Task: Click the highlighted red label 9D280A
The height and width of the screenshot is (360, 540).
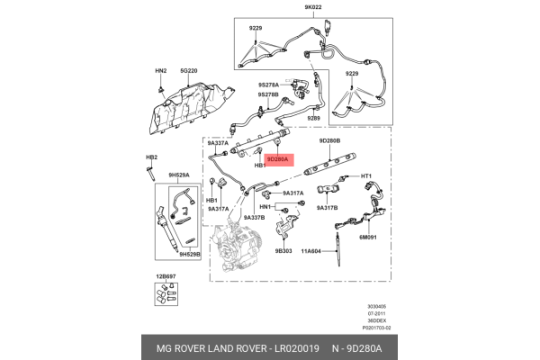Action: point(277,158)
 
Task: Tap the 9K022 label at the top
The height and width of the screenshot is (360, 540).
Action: point(312,7)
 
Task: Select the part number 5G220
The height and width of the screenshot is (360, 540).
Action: point(188,69)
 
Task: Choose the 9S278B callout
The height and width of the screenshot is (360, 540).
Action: point(267,94)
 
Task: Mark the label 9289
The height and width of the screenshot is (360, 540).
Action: point(313,118)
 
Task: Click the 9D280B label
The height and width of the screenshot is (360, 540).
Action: point(329,141)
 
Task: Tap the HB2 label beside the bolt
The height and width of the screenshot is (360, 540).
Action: point(151,157)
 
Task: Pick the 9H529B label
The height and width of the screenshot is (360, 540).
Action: point(188,255)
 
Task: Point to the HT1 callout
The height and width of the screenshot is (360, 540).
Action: point(366,176)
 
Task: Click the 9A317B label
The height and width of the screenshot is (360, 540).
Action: point(327,207)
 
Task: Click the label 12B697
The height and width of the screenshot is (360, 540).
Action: point(166,275)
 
